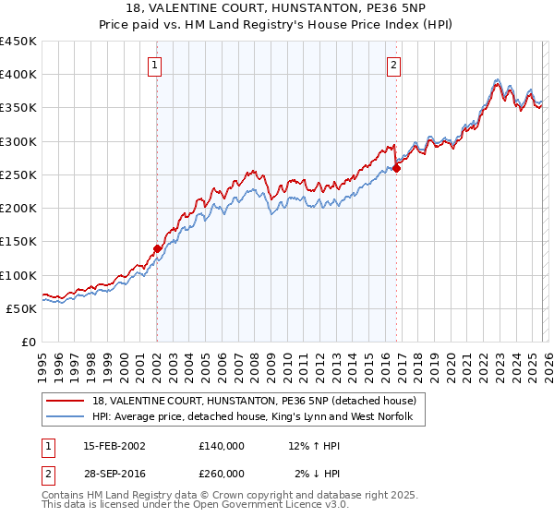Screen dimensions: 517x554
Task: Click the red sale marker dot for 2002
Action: [157, 248]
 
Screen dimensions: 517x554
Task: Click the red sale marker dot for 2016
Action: [396, 168]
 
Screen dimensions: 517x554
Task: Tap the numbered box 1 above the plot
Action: [153, 65]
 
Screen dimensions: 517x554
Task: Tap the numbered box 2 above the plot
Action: [393, 65]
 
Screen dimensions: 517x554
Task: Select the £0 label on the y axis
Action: [28, 342]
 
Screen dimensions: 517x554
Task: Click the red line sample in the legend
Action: [66, 401]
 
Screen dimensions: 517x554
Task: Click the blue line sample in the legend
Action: [66, 417]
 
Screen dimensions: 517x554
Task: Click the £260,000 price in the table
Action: [221, 473]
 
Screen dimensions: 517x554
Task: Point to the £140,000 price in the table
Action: [221, 445]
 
